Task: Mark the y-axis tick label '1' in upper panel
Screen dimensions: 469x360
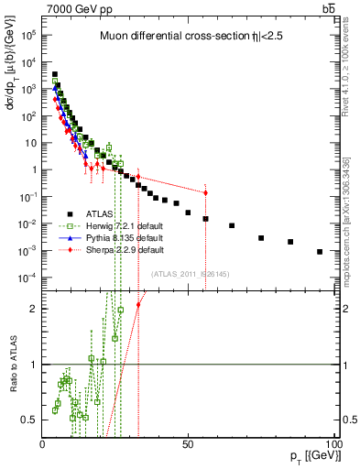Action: click(x=33, y=170)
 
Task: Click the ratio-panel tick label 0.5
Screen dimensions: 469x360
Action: click(x=28, y=420)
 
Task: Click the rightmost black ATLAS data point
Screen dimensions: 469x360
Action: click(x=320, y=251)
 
